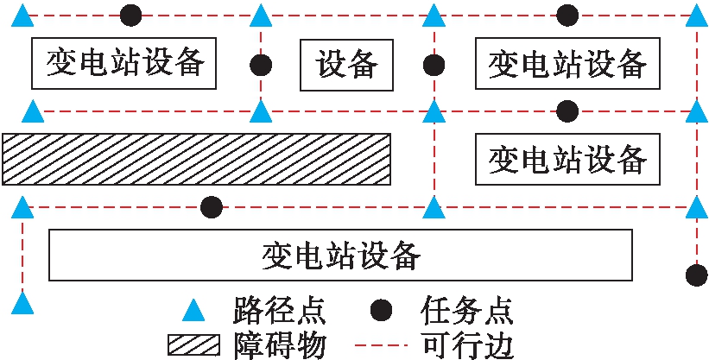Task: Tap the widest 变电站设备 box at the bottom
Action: (x=341, y=256)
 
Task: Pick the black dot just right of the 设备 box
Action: (x=434, y=65)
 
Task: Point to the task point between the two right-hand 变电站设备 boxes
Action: (x=567, y=111)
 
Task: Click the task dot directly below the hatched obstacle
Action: (x=211, y=207)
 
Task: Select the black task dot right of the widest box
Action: (x=696, y=275)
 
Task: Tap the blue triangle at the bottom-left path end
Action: (x=25, y=303)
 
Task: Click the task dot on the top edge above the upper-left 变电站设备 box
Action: (x=130, y=15)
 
